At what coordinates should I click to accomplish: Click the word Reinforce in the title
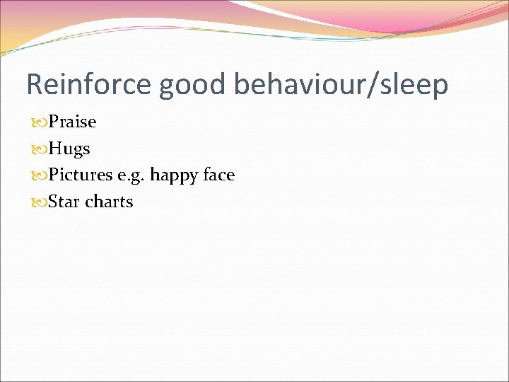tap(89, 84)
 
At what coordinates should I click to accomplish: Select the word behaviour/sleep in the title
tap(341, 84)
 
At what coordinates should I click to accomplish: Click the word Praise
tap(72, 122)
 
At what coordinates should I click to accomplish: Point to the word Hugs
tap(69, 149)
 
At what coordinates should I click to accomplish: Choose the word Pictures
tap(80, 175)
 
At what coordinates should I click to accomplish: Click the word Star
tap(64, 202)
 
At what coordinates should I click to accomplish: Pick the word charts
tap(109, 202)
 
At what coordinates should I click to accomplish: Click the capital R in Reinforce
tap(34, 84)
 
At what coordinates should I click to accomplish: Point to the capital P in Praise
tap(53, 122)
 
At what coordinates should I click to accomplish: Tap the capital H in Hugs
tap(54, 149)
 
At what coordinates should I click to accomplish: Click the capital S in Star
tap(53, 202)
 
